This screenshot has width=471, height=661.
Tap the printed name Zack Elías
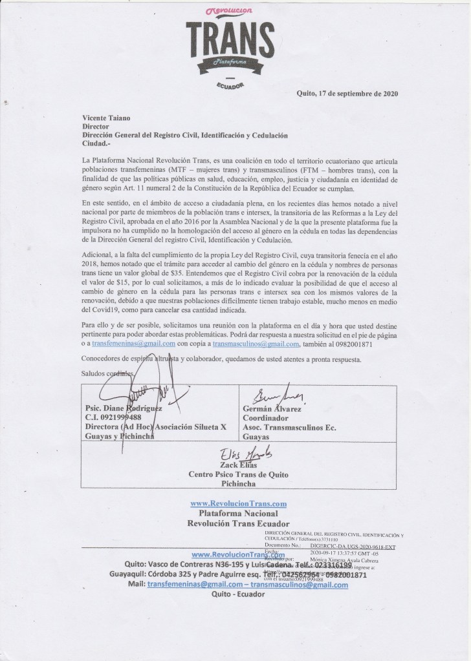tap(237, 465)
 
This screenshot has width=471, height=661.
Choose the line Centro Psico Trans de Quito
tap(237, 474)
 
